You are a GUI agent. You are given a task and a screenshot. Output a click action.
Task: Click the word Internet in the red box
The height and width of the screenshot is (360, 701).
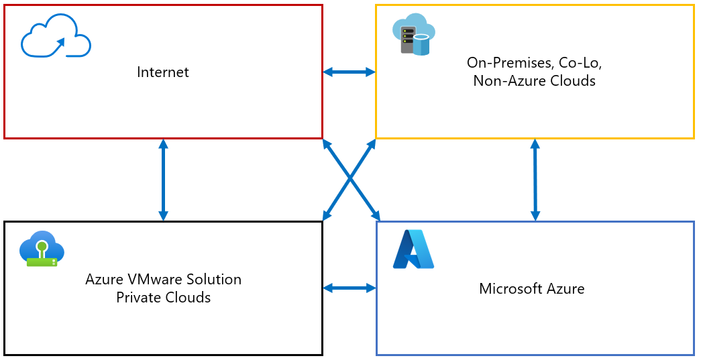163,72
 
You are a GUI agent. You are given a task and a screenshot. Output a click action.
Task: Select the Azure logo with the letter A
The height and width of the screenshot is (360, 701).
414,250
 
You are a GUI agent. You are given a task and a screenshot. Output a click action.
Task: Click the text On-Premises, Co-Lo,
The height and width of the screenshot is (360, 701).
533,63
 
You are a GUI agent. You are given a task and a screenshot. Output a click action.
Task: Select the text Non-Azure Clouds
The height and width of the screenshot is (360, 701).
534,81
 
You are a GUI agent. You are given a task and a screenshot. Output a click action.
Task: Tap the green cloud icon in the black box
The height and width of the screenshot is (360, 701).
42,249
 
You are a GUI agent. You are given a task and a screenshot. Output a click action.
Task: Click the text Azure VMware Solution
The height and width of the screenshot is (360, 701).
163,279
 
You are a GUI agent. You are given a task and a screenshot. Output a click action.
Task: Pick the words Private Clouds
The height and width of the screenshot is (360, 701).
163,297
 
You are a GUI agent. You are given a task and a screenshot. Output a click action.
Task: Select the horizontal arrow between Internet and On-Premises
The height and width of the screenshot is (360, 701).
349,72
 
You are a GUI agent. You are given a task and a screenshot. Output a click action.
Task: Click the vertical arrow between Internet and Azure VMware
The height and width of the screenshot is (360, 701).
163,179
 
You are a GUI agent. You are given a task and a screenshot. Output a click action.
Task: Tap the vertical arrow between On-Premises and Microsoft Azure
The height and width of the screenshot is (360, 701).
534,179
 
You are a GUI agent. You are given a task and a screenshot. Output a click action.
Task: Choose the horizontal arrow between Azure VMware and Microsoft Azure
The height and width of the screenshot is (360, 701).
349,288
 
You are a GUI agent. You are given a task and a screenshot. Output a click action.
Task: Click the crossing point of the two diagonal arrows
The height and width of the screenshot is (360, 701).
350,179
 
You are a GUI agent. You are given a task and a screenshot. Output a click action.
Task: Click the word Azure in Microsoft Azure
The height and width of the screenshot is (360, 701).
565,289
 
